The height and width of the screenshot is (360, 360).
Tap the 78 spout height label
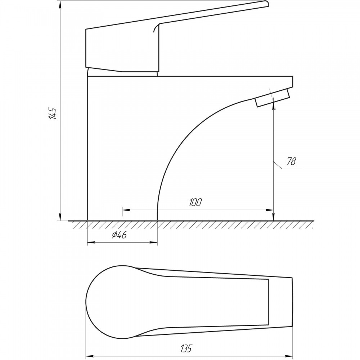(x=291, y=161)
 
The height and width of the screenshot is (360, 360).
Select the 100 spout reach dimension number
(x=195, y=202)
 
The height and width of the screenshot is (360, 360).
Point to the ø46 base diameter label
(x=119, y=235)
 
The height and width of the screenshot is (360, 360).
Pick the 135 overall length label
(x=186, y=348)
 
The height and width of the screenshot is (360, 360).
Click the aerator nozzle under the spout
(x=272, y=98)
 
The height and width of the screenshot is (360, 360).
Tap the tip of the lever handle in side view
(x=267, y=4)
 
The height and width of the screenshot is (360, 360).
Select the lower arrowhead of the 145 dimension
(x=60, y=217)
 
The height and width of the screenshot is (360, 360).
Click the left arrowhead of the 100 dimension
(x=126, y=210)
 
